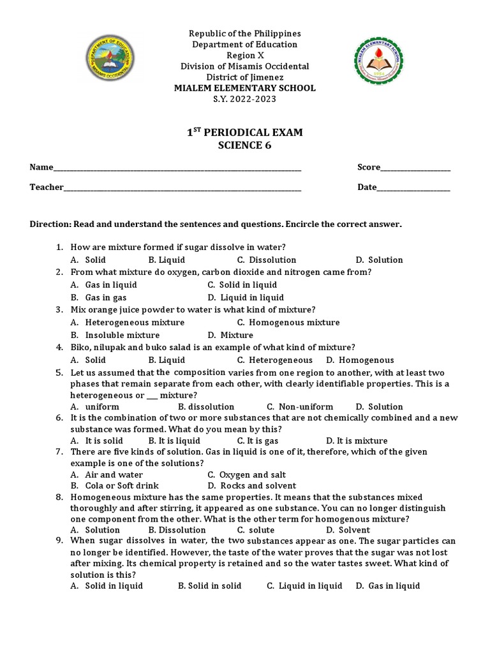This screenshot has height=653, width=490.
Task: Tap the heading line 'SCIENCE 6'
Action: (x=245, y=145)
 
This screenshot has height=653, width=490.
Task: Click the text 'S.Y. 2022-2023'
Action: (x=245, y=99)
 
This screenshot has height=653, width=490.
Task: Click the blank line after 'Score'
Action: (x=415, y=168)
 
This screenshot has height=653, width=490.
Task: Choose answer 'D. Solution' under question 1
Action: (x=379, y=260)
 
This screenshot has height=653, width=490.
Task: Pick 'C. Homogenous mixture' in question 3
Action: (x=288, y=323)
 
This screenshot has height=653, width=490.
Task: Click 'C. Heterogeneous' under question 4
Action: (x=275, y=360)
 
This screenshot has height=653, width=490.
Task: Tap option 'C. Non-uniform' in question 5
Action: (x=300, y=407)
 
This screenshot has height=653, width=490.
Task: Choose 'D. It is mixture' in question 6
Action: (x=357, y=441)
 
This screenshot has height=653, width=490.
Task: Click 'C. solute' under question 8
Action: (x=256, y=530)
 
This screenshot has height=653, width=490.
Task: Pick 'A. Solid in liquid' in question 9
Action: (x=110, y=586)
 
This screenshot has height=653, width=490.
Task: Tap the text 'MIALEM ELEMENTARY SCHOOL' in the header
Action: (x=245, y=88)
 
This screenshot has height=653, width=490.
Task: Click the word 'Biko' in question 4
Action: (x=80, y=348)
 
